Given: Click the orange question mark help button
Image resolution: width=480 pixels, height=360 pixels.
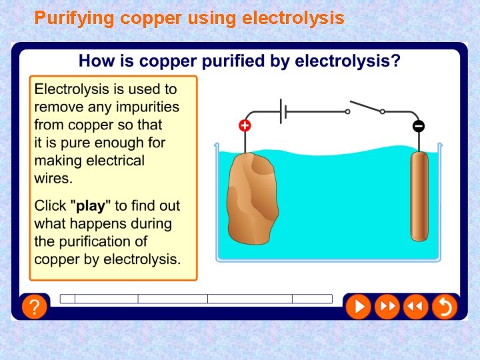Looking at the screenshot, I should pyautogui.click(x=35, y=307).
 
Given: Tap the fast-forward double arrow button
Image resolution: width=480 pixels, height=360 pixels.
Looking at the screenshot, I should pyautogui.click(x=387, y=307).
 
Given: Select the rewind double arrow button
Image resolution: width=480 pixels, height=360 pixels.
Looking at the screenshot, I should pyautogui.click(x=415, y=307).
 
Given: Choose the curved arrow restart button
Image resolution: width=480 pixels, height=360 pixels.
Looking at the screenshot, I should pyautogui.click(x=444, y=307).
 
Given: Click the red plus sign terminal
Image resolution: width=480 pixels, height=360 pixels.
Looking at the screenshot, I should pyautogui.click(x=245, y=125).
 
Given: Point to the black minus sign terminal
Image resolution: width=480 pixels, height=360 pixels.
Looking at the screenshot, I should pyautogui.click(x=419, y=126).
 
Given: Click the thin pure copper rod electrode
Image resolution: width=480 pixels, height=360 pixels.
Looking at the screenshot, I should pyautogui.click(x=419, y=196).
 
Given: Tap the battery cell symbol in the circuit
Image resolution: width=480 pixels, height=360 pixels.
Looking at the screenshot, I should pyautogui.click(x=284, y=111).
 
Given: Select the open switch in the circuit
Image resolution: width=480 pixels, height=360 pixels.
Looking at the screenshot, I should pyautogui.click(x=365, y=108).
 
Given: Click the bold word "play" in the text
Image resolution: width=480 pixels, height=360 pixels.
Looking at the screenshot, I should pyautogui.click(x=91, y=206).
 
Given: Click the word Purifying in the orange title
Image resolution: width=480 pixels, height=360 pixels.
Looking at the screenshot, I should pyautogui.click(x=75, y=18).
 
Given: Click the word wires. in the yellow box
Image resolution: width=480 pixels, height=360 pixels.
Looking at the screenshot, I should pyautogui.click(x=53, y=179).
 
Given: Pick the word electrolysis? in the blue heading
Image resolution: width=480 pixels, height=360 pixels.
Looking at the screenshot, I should pyautogui.click(x=348, y=61).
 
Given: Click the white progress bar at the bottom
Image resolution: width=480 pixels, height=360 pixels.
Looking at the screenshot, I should pyautogui.click(x=196, y=299).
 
